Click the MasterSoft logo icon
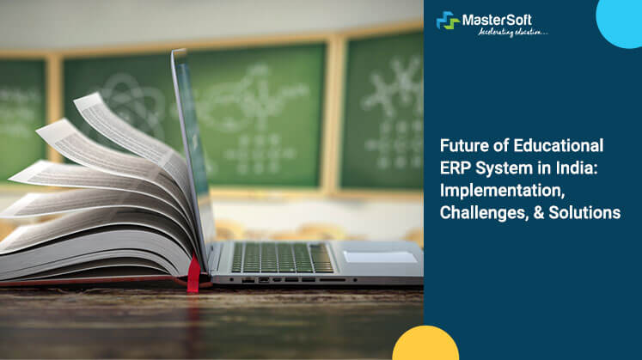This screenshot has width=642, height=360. [x=448, y=21]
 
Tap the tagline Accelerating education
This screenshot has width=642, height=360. [x=505, y=33]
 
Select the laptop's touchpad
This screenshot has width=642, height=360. [x=379, y=256]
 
